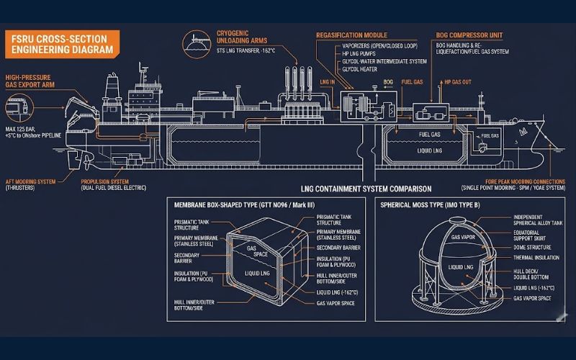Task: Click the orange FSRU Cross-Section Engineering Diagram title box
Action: pos(60,44)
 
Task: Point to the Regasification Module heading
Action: pos(351,35)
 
